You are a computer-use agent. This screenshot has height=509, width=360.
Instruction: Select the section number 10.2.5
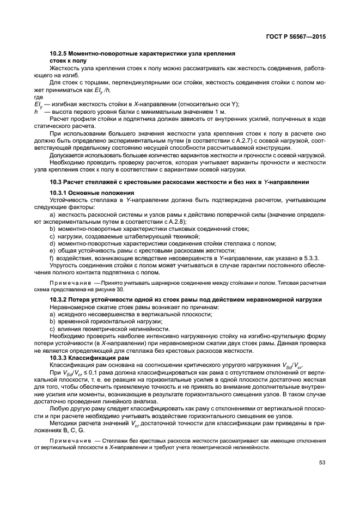[59, 54]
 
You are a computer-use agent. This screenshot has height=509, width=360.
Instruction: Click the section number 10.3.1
[59, 194]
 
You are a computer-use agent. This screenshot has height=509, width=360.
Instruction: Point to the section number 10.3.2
[59, 300]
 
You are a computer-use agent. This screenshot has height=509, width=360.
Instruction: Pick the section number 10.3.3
[59, 358]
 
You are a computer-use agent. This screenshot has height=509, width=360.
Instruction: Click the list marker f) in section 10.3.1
[52, 257]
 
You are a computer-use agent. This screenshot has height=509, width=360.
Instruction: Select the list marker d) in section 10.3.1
[52, 243]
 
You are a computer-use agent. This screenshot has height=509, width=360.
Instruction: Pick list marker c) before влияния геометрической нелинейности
[52, 329]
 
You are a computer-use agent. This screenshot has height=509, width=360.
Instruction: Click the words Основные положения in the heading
[104, 194]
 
